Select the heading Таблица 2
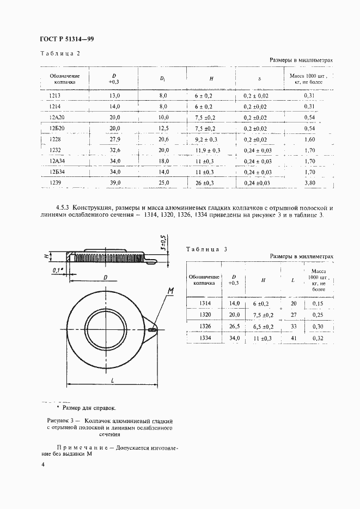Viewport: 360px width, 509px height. point(60,53)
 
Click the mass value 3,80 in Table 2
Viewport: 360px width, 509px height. point(309,183)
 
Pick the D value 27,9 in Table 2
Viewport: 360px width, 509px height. point(114,139)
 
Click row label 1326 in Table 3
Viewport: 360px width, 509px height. point(205,327)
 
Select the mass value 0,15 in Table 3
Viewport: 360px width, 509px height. point(318,303)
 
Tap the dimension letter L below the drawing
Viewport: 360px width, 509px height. point(112,382)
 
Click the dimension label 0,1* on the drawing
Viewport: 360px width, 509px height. point(57,269)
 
